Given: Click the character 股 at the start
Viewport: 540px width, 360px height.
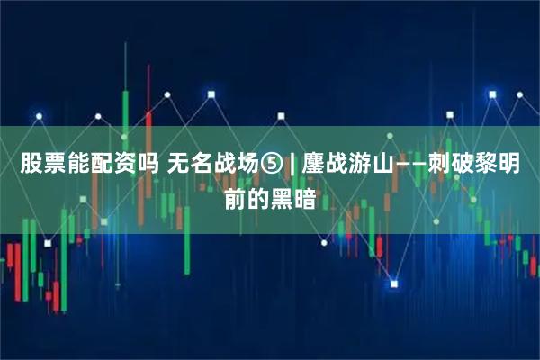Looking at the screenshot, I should [x=31, y=166].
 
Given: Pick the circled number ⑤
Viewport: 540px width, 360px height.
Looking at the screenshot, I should [x=274, y=166].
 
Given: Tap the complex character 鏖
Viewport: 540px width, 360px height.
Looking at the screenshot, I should [x=313, y=166].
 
